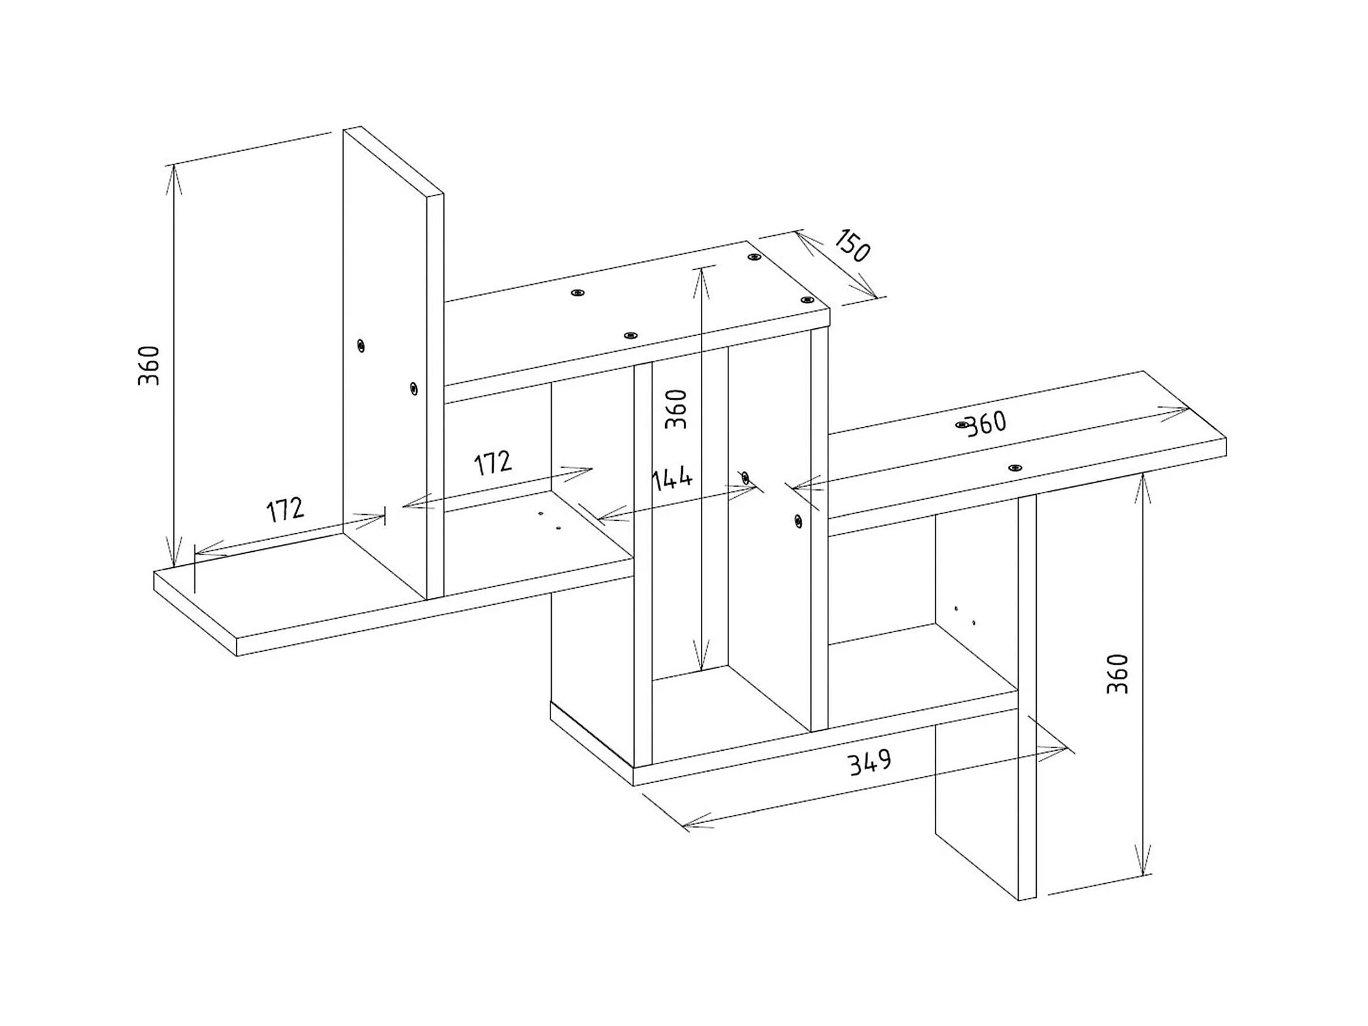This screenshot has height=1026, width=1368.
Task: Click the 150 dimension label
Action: pyautogui.click(x=851, y=246)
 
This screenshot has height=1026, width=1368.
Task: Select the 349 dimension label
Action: pyautogui.click(x=870, y=762)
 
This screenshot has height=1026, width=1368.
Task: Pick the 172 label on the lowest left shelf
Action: pyautogui.click(x=285, y=509)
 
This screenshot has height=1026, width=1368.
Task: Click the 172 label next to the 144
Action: pyautogui.click(x=493, y=463)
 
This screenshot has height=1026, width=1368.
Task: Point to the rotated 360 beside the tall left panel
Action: pyautogui.click(x=148, y=366)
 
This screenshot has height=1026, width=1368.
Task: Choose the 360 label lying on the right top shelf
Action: pyautogui.click(x=986, y=424)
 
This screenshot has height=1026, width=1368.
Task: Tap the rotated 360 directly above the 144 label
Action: pyautogui.click(x=676, y=409)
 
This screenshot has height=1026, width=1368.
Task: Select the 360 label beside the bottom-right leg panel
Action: pyautogui.click(x=1118, y=674)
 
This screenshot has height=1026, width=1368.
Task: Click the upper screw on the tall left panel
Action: pyautogui.click(x=361, y=346)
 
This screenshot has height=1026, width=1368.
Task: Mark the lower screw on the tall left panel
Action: pyautogui.click(x=414, y=387)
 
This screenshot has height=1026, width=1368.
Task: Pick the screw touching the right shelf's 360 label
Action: pyautogui.click(x=962, y=424)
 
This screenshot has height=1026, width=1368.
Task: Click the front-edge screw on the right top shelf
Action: pyautogui.click(x=1016, y=468)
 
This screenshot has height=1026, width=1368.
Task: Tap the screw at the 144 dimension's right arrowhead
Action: pyautogui.click(x=745, y=477)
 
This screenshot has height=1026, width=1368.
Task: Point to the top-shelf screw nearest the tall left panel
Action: pyautogui.click(x=578, y=293)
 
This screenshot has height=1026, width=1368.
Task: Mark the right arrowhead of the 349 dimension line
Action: pyautogui.click(x=1065, y=748)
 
